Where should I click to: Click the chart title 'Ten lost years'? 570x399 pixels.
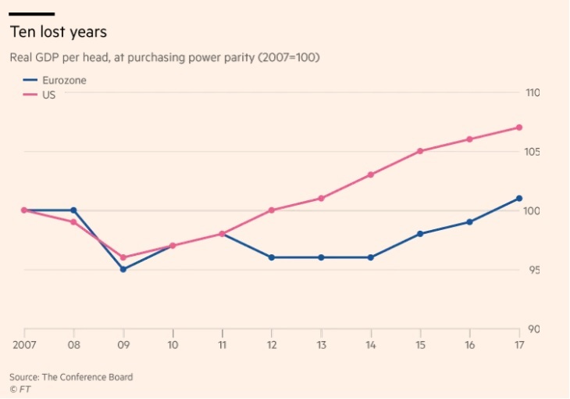coord(58,32)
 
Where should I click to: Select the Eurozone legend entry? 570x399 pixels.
coord(55,80)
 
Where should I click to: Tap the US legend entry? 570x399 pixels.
coord(39,95)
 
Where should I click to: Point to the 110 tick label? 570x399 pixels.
coord(533,93)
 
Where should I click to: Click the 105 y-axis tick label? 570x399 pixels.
coord(532,152)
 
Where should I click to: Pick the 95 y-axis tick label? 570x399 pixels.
coord(534,270)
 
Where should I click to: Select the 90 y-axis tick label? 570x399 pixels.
coord(534,329)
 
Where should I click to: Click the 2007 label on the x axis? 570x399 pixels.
coord(24,345)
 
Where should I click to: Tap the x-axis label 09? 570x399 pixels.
coord(123,345)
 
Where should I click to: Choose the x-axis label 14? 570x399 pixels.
coord(371,345)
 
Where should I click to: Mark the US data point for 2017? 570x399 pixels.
coord(519,128)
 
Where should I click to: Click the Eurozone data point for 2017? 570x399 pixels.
coord(519,198)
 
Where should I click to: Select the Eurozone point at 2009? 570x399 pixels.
coord(123,269)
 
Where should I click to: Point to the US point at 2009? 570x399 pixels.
coord(123,257)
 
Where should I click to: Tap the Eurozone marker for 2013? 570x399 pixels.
coord(322,257)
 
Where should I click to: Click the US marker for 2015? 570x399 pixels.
coord(420,151)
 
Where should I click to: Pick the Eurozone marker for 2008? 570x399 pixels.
coord(74,210)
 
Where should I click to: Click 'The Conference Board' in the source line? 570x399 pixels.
coord(87,377)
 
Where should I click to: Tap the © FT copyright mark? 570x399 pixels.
coord(20,389)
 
